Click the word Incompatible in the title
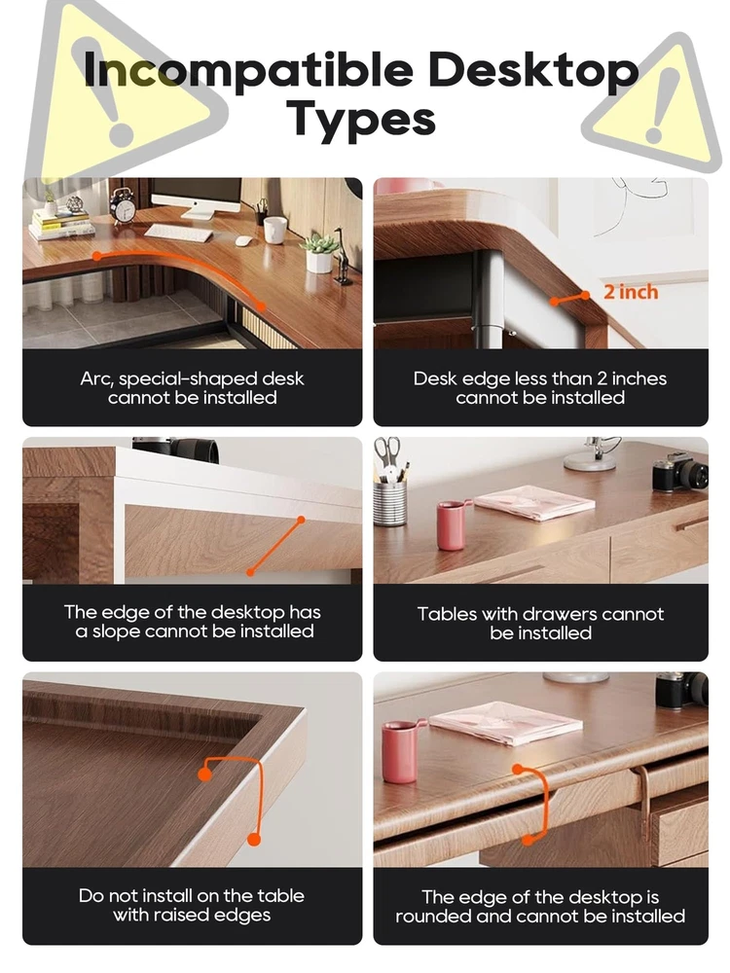point(248,69)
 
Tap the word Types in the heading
point(361,119)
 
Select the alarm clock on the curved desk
point(123,205)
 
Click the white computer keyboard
point(178,233)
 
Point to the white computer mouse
point(242,241)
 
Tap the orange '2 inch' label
point(631,291)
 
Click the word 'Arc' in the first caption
point(95,378)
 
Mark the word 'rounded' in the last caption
point(433,916)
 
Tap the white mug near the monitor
point(274,230)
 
